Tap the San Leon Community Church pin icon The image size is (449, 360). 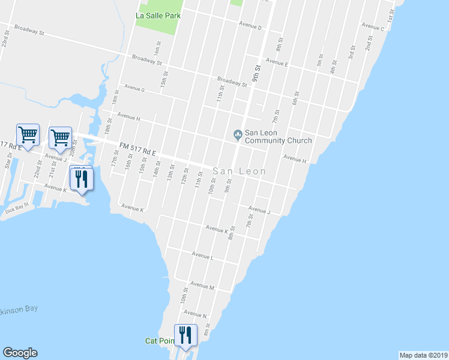pyautogui.click(x=237, y=134)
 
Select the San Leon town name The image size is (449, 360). pyautogui.click(x=240, y=171)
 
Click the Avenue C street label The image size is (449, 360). pyautogui.click(x=373, y=27)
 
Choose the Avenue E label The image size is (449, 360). pyautogui.click(x=277, y=62)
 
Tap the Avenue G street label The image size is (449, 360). pyautogui.click(x=134, y=88)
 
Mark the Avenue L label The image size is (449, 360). pyautogui.click(x=202, y=255)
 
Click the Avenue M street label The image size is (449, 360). pyautogui.click(x=202, y=287)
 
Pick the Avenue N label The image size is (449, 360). pyautogui.click(x=195, y=314)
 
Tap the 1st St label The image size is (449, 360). pyautogui.click(x=391, y=16)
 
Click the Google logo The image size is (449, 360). pyautogui.click(x=20, y=353)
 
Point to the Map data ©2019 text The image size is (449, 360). pyautogui.click(x=423, y=355)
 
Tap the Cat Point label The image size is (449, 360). pyautogui.click(x=160, y=341)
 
